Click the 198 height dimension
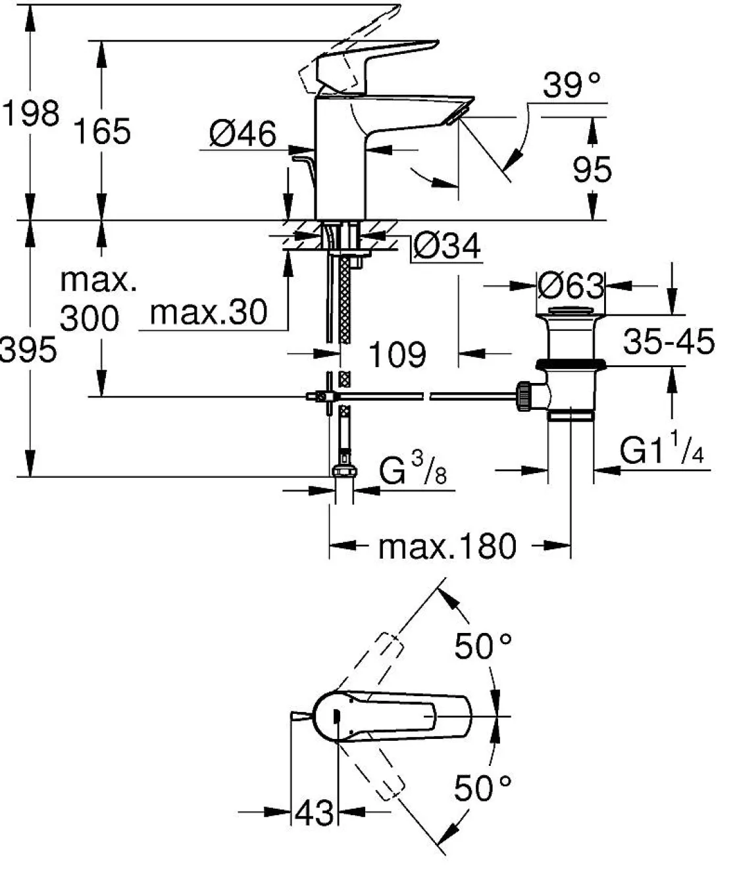coord(30,113)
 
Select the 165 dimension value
coord(102,131)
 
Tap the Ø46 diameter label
coord(243,135)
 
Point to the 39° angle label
coord(572,86)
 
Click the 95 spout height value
coord(592,170)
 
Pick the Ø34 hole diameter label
coord(447,247)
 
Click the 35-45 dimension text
coord(669,342)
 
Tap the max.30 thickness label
coord(209,312)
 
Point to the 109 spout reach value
coord(397,355)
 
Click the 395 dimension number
coord(28,350)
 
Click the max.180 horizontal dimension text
coord(447,546)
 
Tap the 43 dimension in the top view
coord(314,814)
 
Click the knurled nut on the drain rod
coord(524,396)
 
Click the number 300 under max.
coord(89,318)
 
